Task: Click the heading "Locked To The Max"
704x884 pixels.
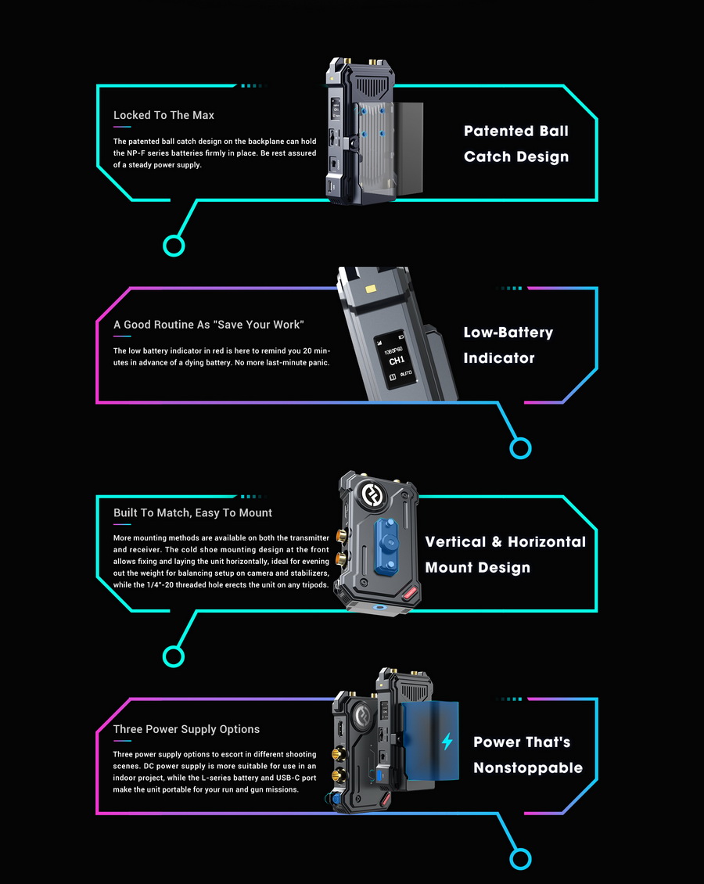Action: tap(163, 115)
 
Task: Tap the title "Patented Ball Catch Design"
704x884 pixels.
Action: tap(516, 144)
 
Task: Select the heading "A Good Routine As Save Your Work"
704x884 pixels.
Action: tap(209, 325)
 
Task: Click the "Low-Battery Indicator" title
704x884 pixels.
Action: tap(508, 345)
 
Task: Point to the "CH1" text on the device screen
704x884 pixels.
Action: tap(397, 361)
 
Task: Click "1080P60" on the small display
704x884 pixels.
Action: tap(393, 350)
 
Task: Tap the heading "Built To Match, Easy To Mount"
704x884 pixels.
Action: tap(192, 513)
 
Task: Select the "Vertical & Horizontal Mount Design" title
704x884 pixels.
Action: tap(505, 555)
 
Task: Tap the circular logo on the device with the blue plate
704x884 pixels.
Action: tap(374, 494)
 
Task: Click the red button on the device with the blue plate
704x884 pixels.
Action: tap(411, 593)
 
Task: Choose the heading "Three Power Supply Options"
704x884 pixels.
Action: tap(187, 730)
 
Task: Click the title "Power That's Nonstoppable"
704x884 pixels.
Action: tap(527, 755)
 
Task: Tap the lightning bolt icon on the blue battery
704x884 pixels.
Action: tap(447, 742)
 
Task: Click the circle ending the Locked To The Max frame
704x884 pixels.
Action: tap(174, 246)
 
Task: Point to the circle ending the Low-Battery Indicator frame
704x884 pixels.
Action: tap(520, 449)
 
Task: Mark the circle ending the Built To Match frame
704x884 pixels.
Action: tap(174, 657)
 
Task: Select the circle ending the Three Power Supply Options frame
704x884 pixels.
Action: tap(520, 860)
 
